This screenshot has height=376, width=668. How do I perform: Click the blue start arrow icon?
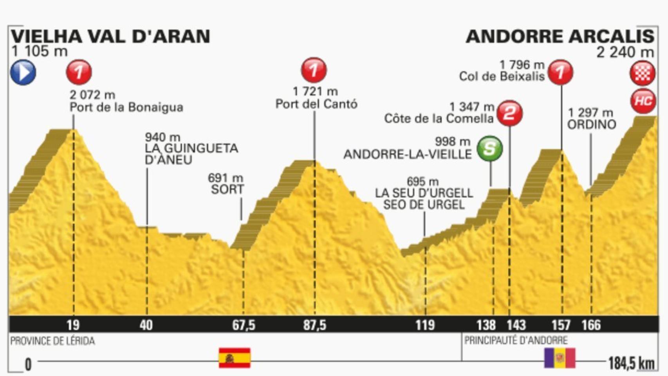coord(23,72)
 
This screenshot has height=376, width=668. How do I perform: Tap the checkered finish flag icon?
coord(643,73)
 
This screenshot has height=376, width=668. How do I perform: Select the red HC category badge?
coord(643,101)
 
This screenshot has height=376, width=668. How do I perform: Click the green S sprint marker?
coord(489,148)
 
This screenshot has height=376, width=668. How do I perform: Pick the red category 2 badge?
coord(509,114)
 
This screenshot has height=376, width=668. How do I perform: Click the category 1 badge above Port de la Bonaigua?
coord(79,72)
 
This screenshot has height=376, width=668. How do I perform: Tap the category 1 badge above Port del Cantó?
coord(314,70)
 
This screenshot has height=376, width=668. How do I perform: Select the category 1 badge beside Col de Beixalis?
coord(560,72)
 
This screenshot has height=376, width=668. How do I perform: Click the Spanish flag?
coord(234,358)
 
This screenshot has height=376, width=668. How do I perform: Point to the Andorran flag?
coord(560,358)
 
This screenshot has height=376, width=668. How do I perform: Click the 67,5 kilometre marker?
coord(244,325)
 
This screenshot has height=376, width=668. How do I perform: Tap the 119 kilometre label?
coord(425,325)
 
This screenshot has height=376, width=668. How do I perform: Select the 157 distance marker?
coord(561,325)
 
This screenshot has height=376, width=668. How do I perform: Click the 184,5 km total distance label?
coord(631,364)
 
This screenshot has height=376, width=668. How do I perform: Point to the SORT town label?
coord(227,189)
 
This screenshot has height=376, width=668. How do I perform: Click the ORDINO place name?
coord(592,125)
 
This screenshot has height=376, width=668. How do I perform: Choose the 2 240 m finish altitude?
coord(625,52)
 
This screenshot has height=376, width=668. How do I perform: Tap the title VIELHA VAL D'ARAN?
coord(110,36)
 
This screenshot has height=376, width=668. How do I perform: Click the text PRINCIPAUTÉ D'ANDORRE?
coord(516,340)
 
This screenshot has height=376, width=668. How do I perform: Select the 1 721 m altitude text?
coord(315,91)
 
